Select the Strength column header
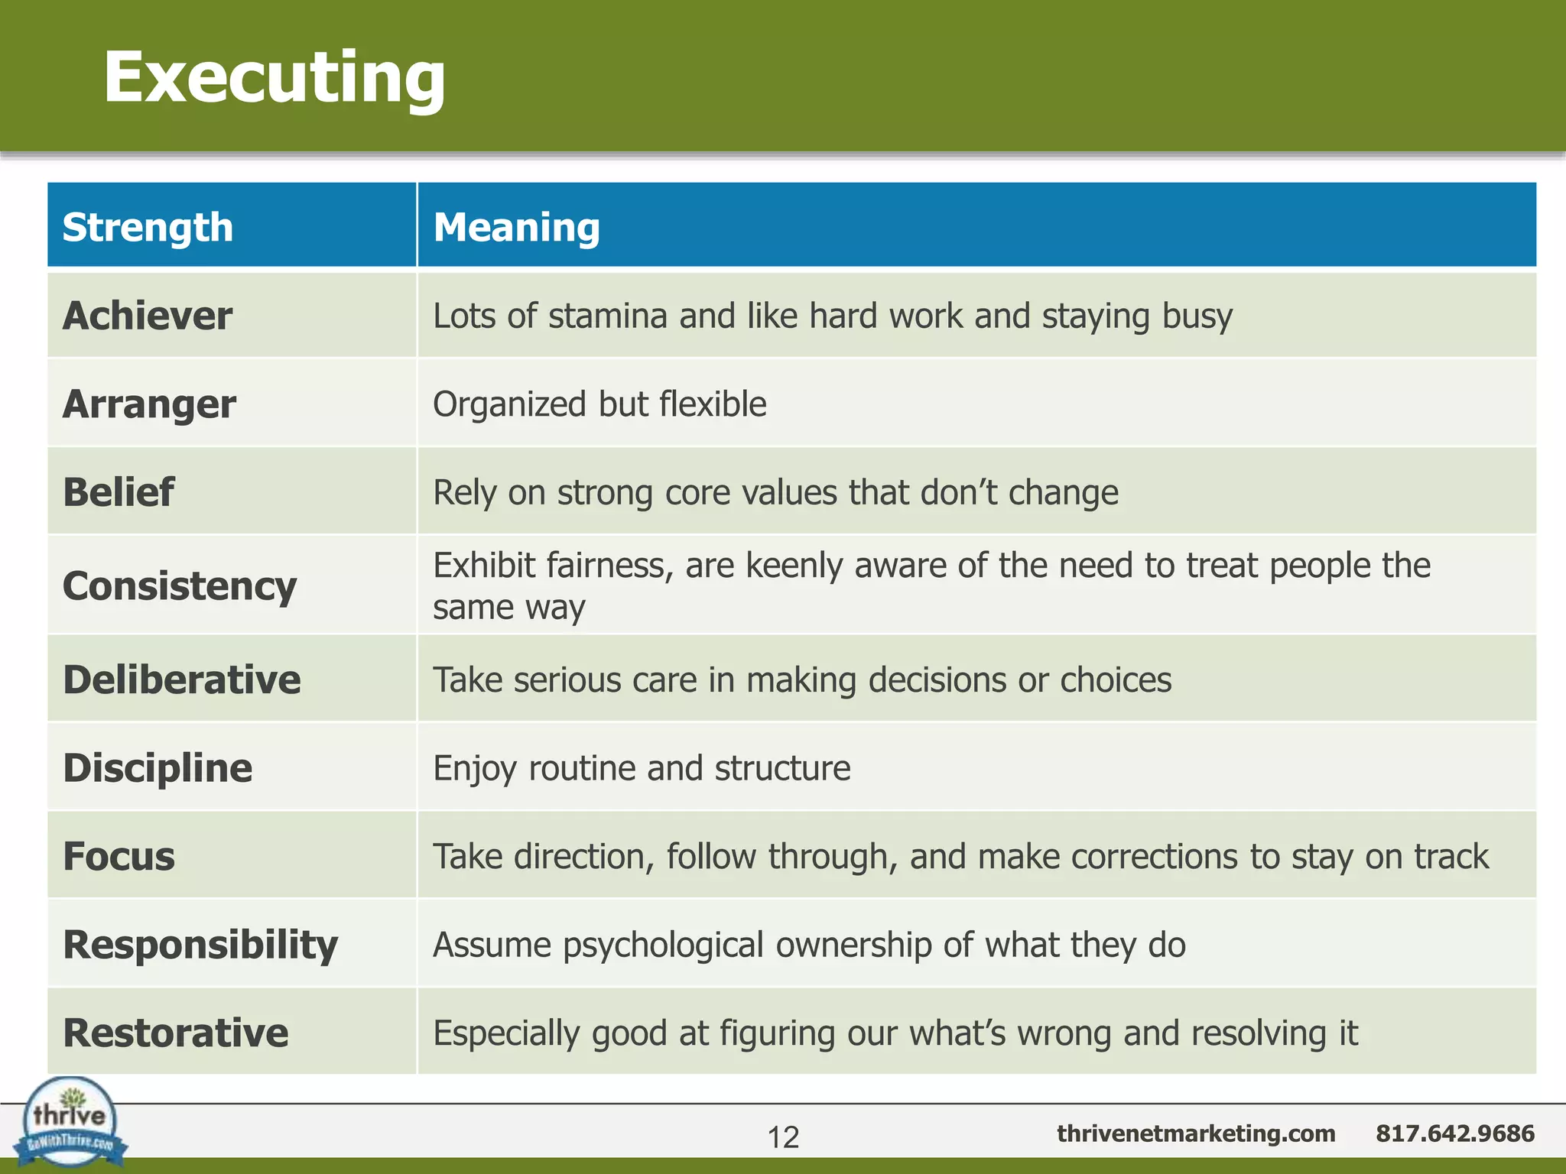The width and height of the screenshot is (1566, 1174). (x=148, y=228)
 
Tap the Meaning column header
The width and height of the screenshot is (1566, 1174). (x=516, y=228)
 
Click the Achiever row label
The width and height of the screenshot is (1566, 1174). (x=148, y=316)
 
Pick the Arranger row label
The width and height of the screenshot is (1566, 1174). (x=149, y=404)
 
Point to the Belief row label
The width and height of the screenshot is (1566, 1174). (x=119, y=492)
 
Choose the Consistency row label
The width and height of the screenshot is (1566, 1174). (x=180, y=586)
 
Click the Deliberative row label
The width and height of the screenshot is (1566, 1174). (x=182, y=680)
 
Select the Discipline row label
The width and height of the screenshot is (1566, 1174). (x=158, y=768)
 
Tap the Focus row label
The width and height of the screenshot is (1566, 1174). (x=119, y=856)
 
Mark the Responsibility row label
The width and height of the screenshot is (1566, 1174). (x=200, y=945)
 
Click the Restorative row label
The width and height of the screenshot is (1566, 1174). (x=176, y=1033)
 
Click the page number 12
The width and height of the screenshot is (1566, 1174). (x=783, y=1137)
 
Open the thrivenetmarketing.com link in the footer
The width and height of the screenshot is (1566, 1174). (x=1196, y=1133)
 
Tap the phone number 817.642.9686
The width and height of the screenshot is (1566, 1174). (x=1454, y=1133)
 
